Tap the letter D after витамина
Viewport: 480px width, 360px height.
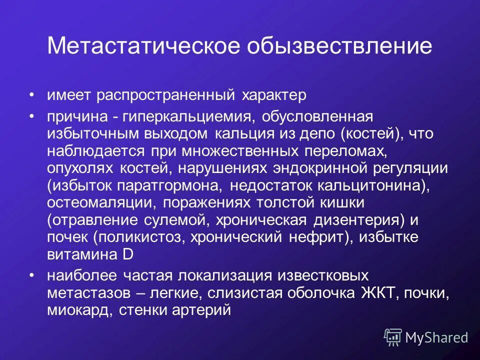[x=128, y=254]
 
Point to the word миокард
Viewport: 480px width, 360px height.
[x=80, y=310]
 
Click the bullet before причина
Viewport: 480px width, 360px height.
[x=32, y=116]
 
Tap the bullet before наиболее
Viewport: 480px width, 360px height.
[x=32, y=275]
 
